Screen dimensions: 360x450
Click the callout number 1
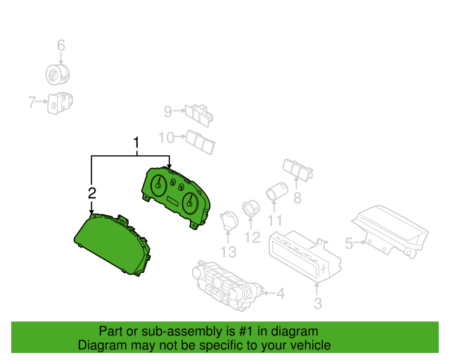136,143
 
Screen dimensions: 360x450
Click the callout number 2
91,193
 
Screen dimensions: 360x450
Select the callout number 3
317,304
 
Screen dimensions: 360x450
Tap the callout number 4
280,293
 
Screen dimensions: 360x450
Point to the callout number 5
349,244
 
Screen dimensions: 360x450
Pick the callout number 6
60,46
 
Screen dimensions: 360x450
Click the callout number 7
32,103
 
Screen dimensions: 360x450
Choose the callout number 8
297,198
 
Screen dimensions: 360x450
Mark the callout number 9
168,110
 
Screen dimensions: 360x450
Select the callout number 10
166,136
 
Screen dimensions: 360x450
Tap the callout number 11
275,220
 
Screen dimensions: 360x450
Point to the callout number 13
229,251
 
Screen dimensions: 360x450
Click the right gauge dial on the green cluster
189,204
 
